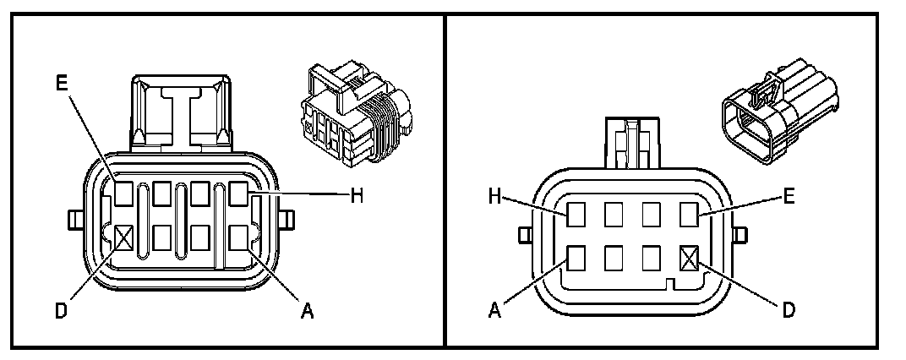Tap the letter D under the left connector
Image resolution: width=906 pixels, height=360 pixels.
(x=61, y=312)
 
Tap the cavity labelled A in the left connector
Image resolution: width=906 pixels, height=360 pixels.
(x=238, y=237)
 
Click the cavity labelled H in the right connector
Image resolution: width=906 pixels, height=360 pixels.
(x=577, y=215)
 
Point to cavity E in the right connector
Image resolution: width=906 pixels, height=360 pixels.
(x=691, y=215)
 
